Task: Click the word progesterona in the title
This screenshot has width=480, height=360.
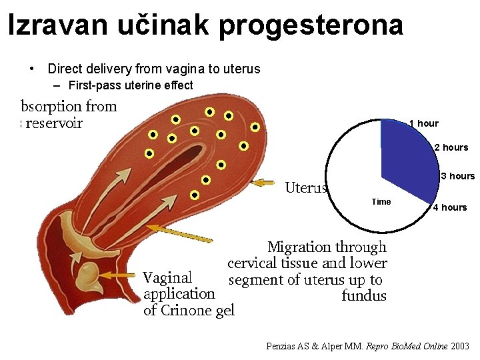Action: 310,25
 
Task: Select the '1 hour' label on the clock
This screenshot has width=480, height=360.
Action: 423,123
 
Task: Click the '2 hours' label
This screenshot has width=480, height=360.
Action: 451,147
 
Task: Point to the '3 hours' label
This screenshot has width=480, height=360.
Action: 458,177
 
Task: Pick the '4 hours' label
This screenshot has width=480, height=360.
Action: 450,207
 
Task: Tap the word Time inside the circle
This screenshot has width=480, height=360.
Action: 381,202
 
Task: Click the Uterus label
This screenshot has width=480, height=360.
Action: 306,187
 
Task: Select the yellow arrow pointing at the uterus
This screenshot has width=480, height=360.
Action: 265,182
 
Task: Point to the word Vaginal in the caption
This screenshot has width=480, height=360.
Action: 167,277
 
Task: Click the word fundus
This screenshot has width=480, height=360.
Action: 363,295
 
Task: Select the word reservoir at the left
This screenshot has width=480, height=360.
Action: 54,123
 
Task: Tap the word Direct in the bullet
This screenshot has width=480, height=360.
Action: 63,69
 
